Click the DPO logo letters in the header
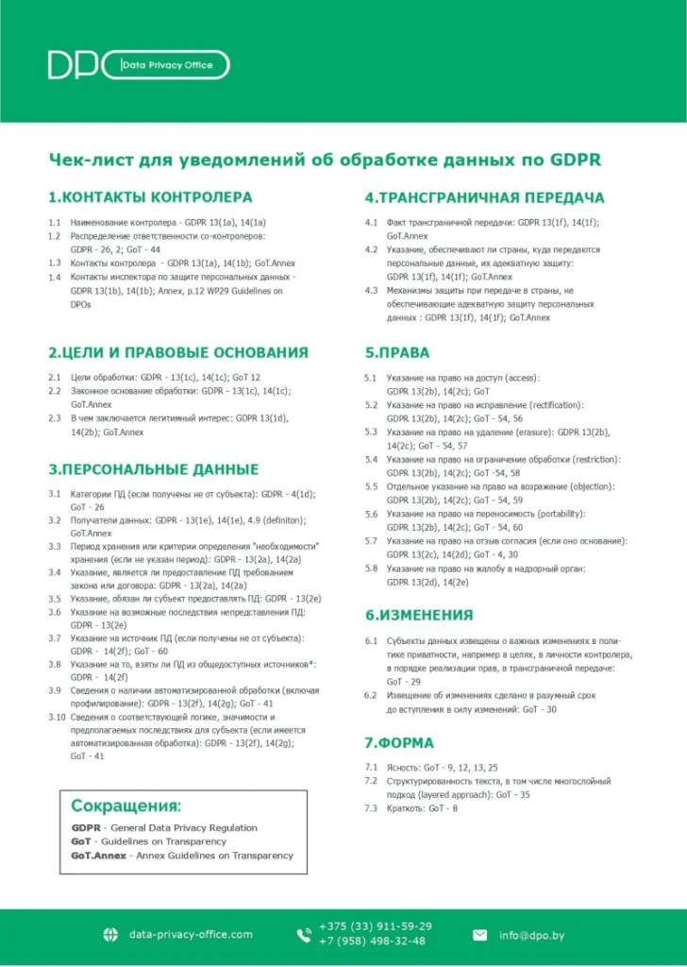80,65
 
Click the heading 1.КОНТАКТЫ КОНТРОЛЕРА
150,197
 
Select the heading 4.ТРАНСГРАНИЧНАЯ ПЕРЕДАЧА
484,197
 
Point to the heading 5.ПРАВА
397,352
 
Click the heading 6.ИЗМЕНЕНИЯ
419,615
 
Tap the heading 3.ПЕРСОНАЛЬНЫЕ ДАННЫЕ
153,469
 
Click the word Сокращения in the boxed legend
126,806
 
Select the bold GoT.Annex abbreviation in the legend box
98,856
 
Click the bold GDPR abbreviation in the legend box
85,828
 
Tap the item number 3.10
57,717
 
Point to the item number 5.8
371,568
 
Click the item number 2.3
55,417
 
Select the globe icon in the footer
109,935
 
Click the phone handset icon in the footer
304,935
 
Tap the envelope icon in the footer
479,935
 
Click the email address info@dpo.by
531,935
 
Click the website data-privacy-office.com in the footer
191,935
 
